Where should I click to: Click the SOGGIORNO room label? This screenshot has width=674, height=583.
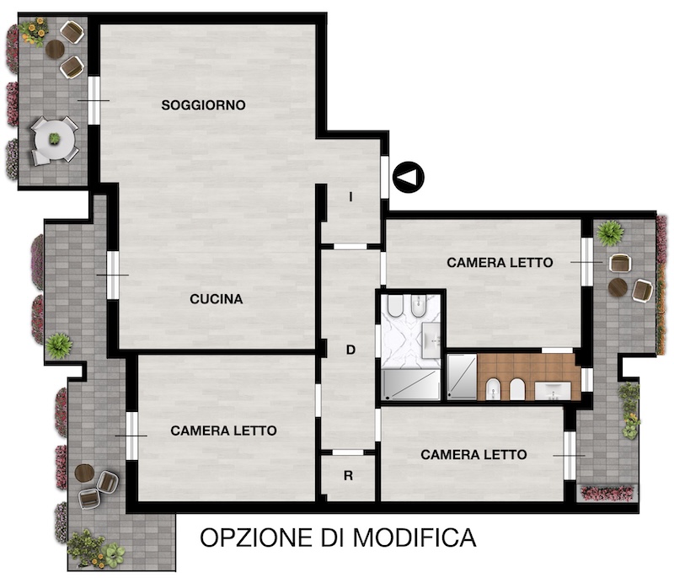click(x=203, y=105)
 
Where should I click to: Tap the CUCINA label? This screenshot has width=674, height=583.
click(x=217, y=299)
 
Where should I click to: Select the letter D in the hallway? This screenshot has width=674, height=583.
click(x=350, y=350)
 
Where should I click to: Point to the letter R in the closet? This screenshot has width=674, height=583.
click(x=348, y=475)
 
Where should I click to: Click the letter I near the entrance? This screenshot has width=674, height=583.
click(x=350, y=197)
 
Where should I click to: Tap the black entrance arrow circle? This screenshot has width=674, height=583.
click(x=409, y=177)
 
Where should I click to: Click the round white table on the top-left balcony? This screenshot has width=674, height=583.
click(x=55, y=140)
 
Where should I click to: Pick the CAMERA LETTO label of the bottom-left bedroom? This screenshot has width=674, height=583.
click(x=223, y=431)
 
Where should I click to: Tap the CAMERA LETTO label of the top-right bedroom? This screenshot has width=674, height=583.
click(x=500, y=263)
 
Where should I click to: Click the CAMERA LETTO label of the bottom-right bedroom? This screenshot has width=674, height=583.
click(x=473, y=455)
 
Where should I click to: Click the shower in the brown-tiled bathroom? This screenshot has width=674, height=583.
click(x=462, y=377)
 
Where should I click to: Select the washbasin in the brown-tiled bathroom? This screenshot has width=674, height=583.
click(x=553, y=391)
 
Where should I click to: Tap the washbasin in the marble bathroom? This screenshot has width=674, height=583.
click(x=431, y=340)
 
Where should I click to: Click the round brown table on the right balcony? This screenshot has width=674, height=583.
click(x=618, y=287)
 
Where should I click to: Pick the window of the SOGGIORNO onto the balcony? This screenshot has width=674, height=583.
click(x=94, y=101)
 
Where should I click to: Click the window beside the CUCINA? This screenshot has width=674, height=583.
click(x=113, y=275)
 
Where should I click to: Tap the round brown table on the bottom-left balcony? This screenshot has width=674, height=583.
click(x=84, y=473)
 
